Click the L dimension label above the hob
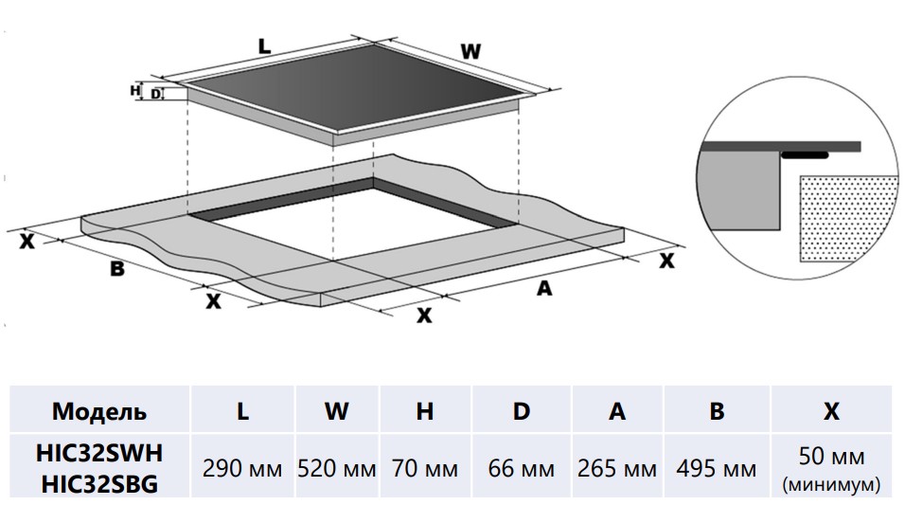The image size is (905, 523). [264, 44]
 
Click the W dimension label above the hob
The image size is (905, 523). [470, 52]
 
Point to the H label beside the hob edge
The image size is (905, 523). [134, 90]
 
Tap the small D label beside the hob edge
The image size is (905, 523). [154, 94]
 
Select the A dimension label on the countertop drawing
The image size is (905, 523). [543, 289]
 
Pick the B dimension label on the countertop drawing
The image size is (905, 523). [116, 268]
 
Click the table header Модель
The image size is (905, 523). [98, 411]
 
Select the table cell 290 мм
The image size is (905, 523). [242, 468]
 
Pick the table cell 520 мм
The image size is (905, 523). [336, 468]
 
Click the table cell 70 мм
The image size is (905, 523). [425, 468]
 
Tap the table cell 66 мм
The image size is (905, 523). [521, 468]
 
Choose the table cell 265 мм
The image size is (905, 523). [617, 468]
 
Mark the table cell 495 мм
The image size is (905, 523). [717, 468]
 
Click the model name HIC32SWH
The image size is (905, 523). [98, 456]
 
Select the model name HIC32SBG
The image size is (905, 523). [98, 483]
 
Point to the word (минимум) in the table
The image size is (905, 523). [831, 485]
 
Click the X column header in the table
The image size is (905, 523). [831, 411]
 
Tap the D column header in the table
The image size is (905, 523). [521, 411]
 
